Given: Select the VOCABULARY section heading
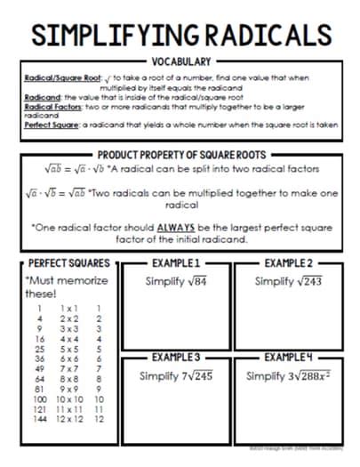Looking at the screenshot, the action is (x=180, y=62).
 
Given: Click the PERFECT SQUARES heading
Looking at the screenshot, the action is (x=69, y=264).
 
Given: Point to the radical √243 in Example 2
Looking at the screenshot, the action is (x=307, y=281).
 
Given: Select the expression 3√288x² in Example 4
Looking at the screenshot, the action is (x=307, y=376).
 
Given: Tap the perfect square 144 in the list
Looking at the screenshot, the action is (x=39, y=443).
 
